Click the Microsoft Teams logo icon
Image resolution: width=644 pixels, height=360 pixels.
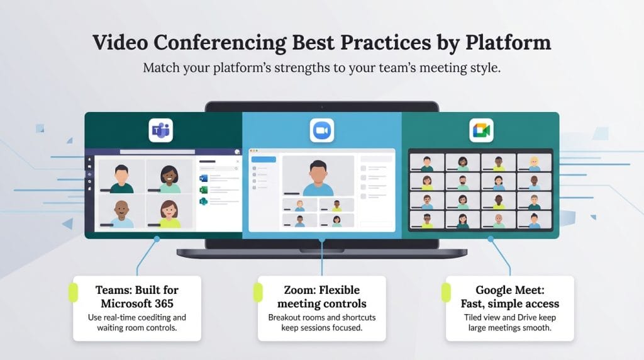click(x=160, y=132)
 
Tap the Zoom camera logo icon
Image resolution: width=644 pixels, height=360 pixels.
click(x=321, y=131)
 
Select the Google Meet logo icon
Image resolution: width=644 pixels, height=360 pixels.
click(x=481, y=131)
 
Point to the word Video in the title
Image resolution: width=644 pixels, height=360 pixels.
click(x=119, y=43)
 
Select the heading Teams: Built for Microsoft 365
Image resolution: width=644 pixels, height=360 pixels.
click(x=136, y=296)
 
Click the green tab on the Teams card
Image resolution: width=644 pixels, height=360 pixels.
click(x=72, y=292)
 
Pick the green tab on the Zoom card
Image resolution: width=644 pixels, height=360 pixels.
click(x=257, y=292)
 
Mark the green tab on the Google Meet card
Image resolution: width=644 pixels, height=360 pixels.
click(x=445, y=292)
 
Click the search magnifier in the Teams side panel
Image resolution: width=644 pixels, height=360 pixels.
click(x=236, y=162)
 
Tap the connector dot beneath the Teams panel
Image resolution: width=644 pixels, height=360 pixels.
click(x=157, y=239)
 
